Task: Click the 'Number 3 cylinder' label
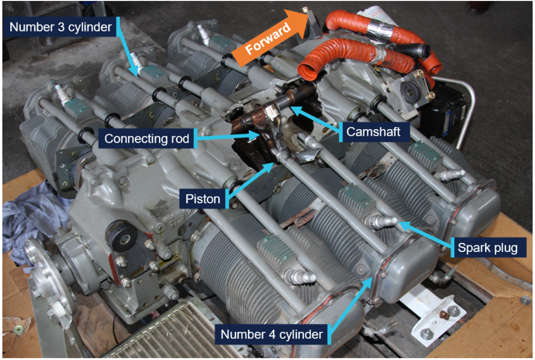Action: (61, 26)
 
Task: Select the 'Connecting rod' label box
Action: (147, 139)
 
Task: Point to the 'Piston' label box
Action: (203, 199)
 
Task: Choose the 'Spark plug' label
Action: (487, 248)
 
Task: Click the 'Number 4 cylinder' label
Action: (272, 335)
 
